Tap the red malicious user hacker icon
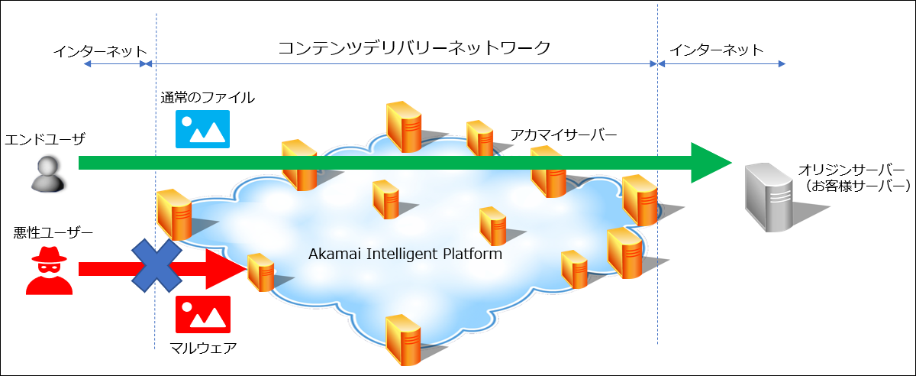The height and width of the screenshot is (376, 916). pyautogui.click(x=49, y=271)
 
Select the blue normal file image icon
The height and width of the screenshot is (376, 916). pyautogui.click(x=202, y=129)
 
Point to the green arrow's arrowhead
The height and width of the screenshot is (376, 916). pyautogui.click(x=710, y=162)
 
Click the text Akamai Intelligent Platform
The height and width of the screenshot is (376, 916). pyautogui.click(x=405, y=254)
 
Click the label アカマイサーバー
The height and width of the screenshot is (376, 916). pyautogui.click(x=564, y=135)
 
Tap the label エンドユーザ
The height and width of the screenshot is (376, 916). pyautogui.click(x=44, y=139)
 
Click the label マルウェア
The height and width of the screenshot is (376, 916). pyautogui.click(x=203, y=348)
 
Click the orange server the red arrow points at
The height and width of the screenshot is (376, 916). pyautogui.click(x=261, y=272)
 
